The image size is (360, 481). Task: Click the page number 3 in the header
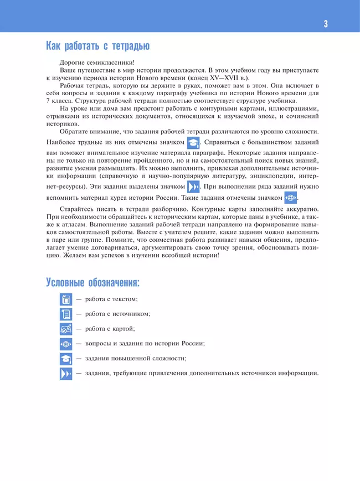[x=326, y=23]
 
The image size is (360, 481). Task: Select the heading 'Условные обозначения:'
[x=92, y=283]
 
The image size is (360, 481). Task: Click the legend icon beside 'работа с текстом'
[x=66, y=300]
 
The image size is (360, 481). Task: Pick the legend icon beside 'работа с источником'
[x=66, y=314]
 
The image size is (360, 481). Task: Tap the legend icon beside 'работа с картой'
[x=66, y=329]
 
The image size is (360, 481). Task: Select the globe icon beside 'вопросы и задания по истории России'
[x=66, y=344]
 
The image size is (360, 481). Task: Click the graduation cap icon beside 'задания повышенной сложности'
[x=66, y=359]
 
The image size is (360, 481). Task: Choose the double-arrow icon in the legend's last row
[x=66, y=374]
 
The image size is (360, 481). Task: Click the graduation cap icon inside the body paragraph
[x=193, y=143]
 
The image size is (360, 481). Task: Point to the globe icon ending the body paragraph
[x=291, y=198]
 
